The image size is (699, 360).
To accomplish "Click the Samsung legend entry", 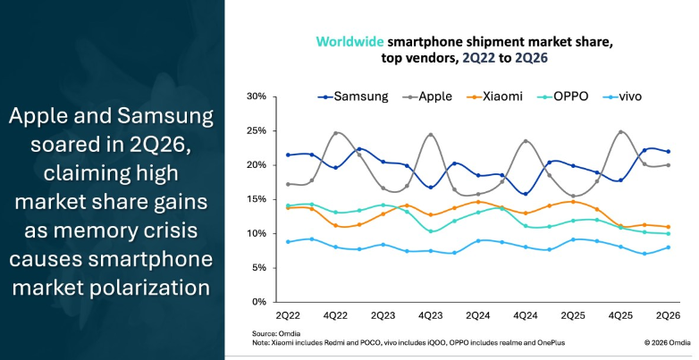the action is [353, 96].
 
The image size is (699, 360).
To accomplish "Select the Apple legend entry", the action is [427, 96].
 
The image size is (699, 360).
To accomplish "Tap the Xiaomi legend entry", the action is [494, 96].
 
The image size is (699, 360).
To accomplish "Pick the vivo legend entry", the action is [622, 96].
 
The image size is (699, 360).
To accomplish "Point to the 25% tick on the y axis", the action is [257, 131].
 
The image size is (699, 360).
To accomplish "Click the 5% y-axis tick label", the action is [259, 268].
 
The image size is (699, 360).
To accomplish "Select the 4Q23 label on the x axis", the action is [430, 316].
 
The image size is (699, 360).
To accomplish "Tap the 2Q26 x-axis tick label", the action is [668, 316].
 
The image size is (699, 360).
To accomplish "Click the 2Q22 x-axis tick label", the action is [288, 316].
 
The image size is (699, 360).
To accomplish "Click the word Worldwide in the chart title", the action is [349, 42].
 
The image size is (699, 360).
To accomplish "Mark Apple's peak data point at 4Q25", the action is [620, 132].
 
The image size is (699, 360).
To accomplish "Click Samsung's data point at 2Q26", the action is [668, 152].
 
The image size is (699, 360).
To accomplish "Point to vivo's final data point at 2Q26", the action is [668, 247].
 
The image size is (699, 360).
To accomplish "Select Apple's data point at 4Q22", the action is [335, 133].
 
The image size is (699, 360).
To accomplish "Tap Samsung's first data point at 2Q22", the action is [288, 155].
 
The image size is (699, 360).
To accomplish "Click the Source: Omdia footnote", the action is [276, 334].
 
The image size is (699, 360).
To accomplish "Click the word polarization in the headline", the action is [149, 288].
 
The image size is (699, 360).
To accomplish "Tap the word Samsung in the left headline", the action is [165, 117].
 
